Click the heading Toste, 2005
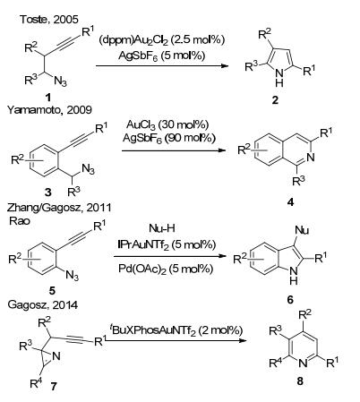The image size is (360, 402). pos(49,20)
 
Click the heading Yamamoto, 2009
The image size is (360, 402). pos(49,110)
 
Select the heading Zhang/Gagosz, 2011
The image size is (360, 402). pos(59,208)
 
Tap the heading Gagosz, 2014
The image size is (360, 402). pos(42,304)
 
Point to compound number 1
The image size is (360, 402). pos(47,97)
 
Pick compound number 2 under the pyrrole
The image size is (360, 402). pos(275,100)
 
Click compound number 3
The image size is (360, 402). pos(48,192)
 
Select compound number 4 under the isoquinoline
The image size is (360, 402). pos(290,202)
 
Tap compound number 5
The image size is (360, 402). pos(52,290)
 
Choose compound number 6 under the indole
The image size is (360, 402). pos(290,299)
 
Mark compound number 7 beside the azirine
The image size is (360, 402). pos(54,387)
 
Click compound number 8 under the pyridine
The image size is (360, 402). pos(300,381)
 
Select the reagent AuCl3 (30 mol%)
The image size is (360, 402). pos(167,124)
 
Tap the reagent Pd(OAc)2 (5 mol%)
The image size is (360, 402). pos(166,269)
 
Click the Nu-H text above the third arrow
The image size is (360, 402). pos(162,228)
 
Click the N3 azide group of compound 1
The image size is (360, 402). pos(61,81)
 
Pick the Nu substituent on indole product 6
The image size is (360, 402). pos(302,230)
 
